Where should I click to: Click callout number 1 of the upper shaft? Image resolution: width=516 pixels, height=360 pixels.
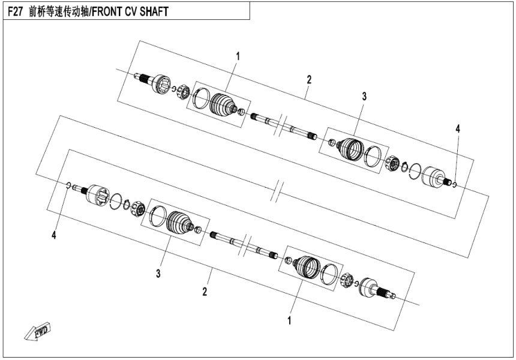tap(238, 56)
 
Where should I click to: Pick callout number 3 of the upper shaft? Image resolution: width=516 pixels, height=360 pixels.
tap(363, 96)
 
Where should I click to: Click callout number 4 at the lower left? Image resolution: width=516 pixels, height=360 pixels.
tap(54, 236)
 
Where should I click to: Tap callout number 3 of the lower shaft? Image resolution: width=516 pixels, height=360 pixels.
tap(158, 274)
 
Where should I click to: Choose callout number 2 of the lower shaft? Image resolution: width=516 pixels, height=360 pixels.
tap(205, 292)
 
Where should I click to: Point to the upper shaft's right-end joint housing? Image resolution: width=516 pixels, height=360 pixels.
tap(433, 176)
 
